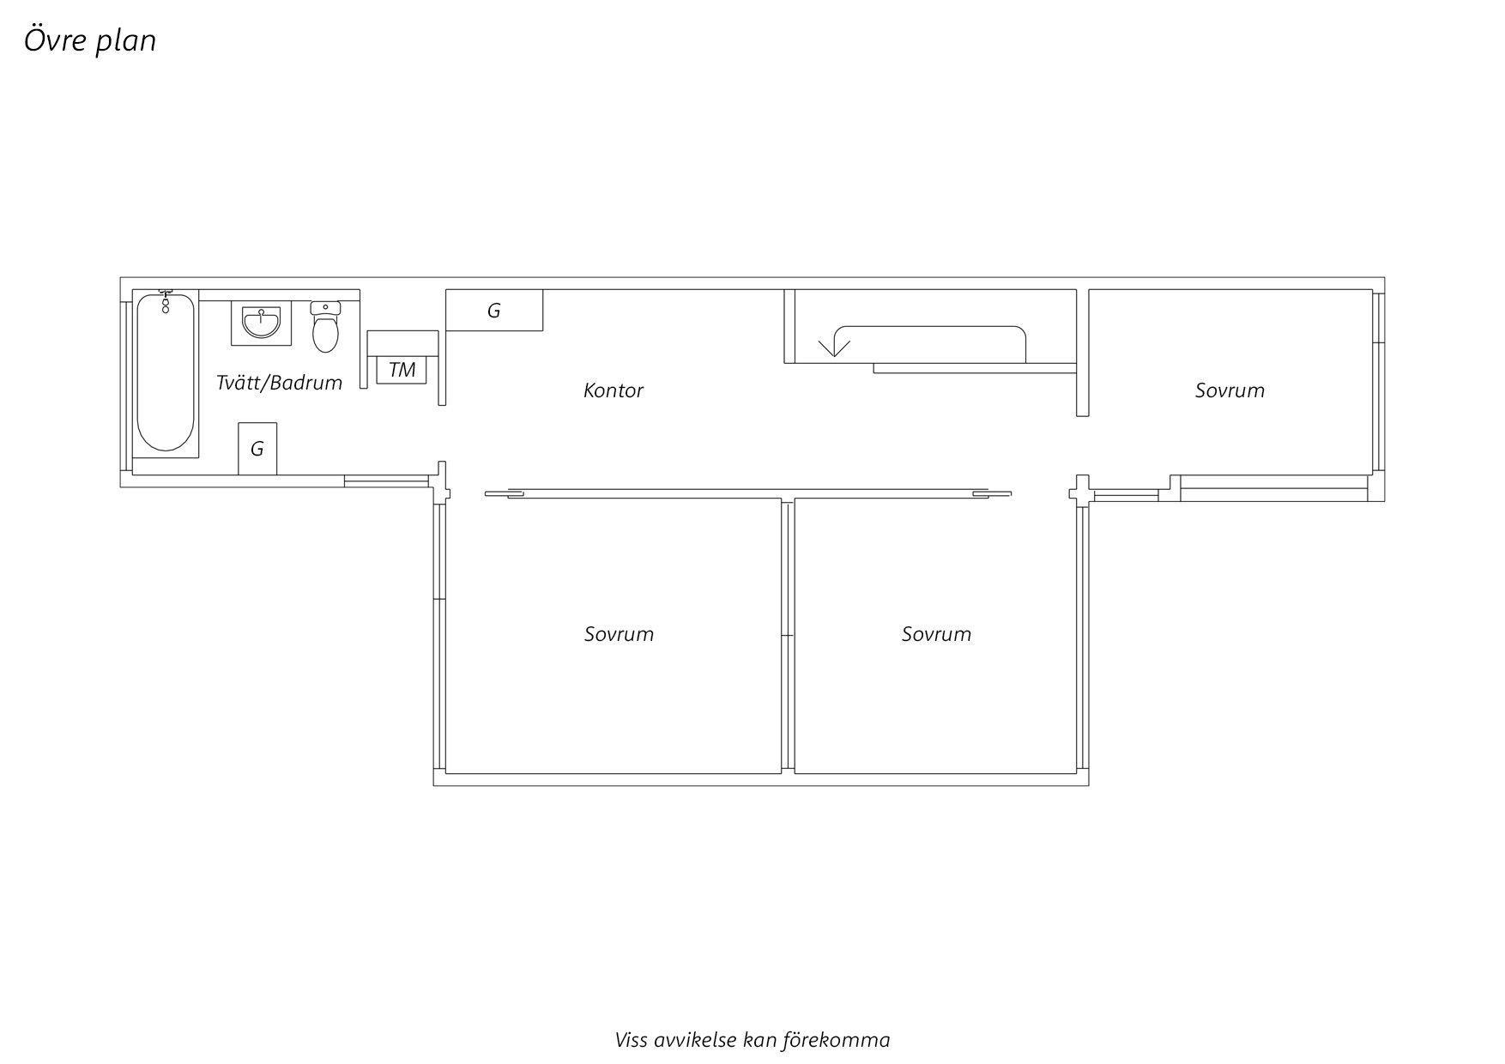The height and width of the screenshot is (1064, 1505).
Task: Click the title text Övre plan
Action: pos(90,40)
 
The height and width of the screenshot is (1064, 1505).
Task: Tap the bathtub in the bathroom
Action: pos(166,372)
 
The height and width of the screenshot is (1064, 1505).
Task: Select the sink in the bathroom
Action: pos(261,323)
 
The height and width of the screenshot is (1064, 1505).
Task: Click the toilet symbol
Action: pos(325,327)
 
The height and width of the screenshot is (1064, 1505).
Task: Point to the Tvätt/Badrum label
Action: pos(279,383)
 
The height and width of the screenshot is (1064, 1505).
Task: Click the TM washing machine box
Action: pos(402,369)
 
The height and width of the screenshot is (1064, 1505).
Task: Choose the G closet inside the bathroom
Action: pos(257,448)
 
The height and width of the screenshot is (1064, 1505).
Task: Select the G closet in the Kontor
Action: pos(494,310)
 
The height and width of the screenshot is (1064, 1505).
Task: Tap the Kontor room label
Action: pos(613,390)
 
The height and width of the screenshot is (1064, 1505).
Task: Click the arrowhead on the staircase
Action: pos(833,348)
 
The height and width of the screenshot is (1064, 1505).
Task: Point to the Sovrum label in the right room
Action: pos(1230,390)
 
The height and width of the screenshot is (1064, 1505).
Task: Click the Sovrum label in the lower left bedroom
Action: pos(619,634)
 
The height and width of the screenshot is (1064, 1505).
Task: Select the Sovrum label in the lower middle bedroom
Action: pos(936,634)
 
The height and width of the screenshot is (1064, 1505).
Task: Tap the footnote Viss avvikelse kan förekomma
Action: pos(752,1040)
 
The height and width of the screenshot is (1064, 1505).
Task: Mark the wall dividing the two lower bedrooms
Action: pos(788,636)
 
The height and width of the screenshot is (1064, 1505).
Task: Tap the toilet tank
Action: pos(325,307)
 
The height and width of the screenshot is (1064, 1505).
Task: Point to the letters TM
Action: pos(402,370)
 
